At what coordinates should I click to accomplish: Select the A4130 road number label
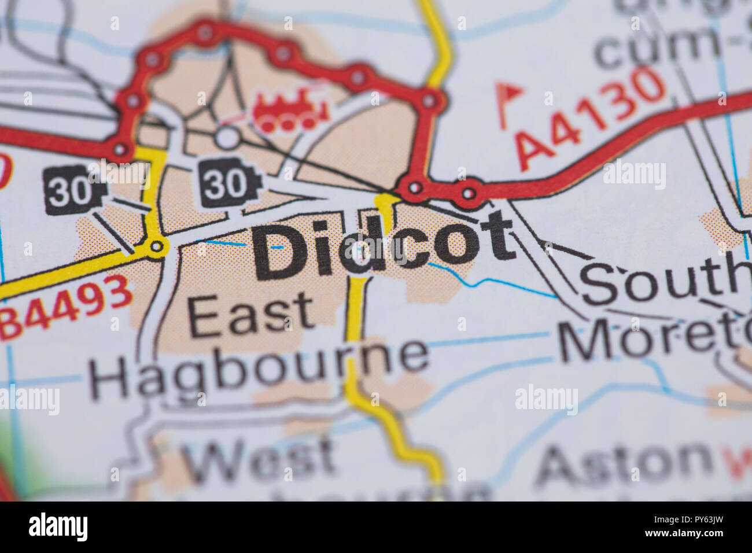point(590,119)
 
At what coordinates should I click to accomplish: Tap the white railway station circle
point(228,138)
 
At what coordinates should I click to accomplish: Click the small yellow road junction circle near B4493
point(156,247)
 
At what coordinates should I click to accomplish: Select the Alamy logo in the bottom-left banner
point(58,527)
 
